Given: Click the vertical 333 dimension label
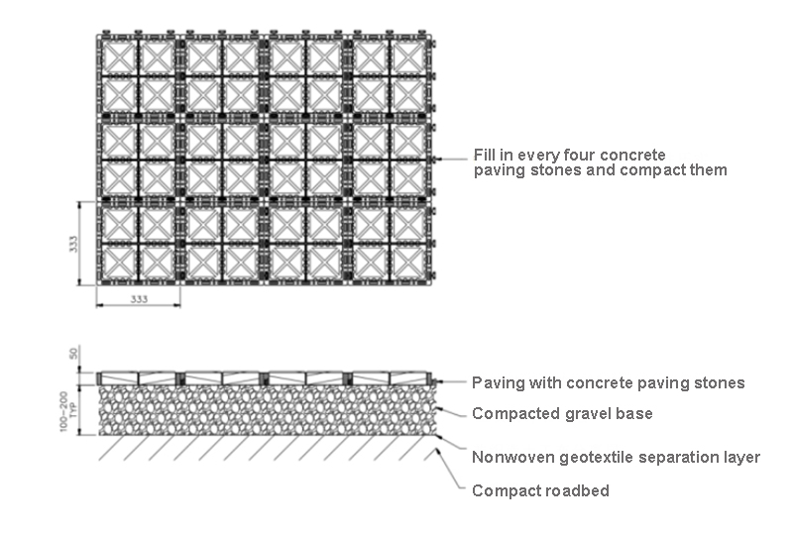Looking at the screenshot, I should click(x=73, y=244).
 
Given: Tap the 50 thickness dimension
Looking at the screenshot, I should click(x=73, y=353).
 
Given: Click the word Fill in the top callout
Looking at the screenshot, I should click(x=486, y=156).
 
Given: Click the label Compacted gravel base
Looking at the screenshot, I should click(x=562, y=413).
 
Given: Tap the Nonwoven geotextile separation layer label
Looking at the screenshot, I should click(x=616, y=457).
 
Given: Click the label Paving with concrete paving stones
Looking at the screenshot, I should click(x=608, y=382).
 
